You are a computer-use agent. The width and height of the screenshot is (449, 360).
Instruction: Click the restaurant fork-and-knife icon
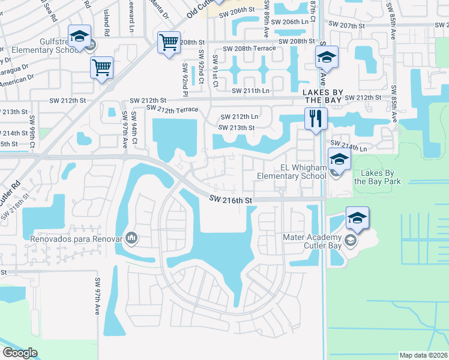coord(316,118)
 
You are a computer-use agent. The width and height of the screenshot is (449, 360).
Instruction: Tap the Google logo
coord(20,353)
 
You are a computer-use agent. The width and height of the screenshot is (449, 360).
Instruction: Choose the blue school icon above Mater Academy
coord(357,218)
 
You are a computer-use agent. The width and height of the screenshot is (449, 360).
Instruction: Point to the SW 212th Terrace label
coord(172,109)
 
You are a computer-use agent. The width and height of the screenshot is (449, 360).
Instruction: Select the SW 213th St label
coord(237,127)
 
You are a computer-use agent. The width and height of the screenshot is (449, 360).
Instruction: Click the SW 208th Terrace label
coord(249,48)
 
